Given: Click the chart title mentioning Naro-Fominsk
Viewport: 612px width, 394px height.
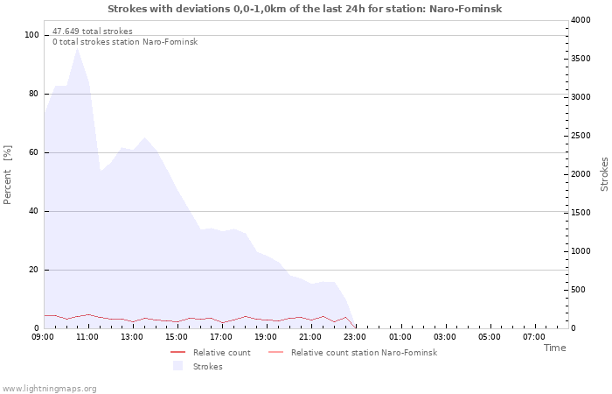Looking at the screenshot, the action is tap(304, 9).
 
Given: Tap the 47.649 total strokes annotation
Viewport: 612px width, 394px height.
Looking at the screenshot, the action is tap(93, 32).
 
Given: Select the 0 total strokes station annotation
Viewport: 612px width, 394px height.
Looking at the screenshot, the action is tap(125, 42).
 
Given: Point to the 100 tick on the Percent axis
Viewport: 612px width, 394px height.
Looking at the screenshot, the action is tap(31, 35).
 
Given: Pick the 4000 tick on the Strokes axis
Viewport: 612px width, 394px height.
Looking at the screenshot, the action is tap(581, 20).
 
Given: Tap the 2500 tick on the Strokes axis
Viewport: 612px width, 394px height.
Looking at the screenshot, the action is tap(581, 136).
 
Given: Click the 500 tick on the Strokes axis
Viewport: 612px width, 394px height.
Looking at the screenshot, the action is tap(578, 290).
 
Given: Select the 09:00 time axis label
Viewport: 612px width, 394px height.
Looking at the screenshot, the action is tap(43, 337).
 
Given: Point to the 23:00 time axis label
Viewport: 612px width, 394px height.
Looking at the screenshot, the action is tap(355, 337).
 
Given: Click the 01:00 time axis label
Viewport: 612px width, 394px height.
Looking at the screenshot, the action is tap(400, 337).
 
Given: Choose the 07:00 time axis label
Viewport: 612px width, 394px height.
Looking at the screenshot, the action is tap(534, 337).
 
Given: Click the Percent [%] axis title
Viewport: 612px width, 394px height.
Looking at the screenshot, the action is tap(7, 175).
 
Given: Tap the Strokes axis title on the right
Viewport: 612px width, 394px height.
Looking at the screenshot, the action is tap(604, 174).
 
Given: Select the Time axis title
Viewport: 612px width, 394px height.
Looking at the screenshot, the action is tap(554, 348).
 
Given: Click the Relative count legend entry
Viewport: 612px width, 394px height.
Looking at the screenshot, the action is tap(211, 353).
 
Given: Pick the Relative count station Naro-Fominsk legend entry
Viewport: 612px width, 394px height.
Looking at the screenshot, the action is tap(353, 353).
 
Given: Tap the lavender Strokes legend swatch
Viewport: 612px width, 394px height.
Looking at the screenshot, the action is tap(178, 366).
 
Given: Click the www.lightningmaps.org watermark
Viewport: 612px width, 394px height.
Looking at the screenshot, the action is tap(48, 389).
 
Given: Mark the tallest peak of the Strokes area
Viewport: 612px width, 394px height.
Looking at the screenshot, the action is tap(77, 49).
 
